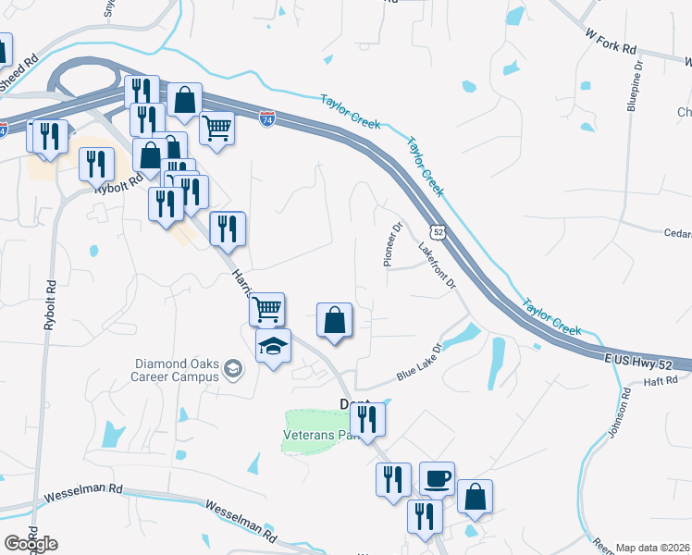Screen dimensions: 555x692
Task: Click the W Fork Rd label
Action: (x=612, y=41)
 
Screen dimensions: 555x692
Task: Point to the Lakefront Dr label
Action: (x=438, y=267)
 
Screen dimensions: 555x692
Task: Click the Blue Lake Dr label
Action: (x=421, y=363)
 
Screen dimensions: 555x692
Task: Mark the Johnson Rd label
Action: (x=626, y=407)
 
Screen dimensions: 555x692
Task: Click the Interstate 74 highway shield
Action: (x=266, y=121)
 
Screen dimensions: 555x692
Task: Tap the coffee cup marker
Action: (x=437, y=479)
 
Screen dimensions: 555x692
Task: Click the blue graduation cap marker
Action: (x=273, y=348)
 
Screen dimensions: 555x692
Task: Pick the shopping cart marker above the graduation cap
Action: (x=266, y=308)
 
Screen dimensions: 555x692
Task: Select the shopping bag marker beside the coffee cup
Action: (x=475, y=497)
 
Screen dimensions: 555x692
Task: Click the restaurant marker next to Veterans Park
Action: (x=368, y=419)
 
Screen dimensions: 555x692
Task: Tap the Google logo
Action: (x=31, y=544)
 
